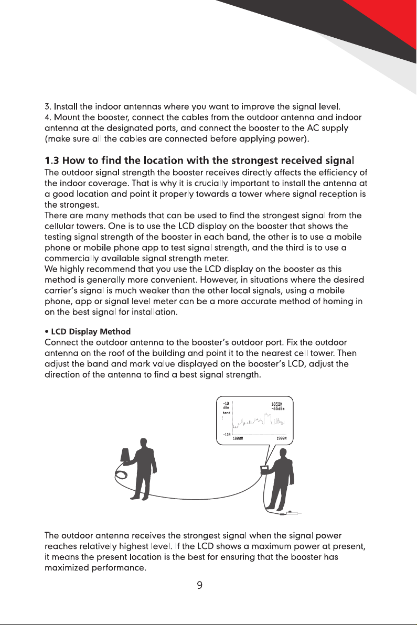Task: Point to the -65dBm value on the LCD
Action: (279, 408)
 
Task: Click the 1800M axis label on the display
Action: (239, 438)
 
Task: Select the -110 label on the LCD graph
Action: (226, 435)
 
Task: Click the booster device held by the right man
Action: (264, 468)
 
